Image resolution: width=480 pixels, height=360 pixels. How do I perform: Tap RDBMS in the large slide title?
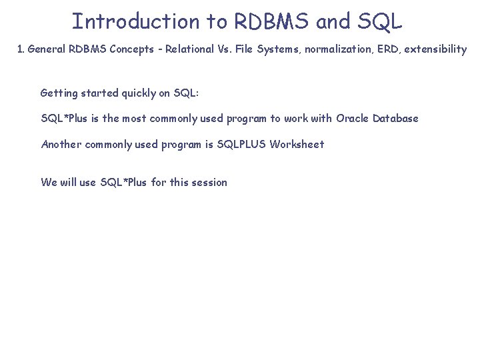272,21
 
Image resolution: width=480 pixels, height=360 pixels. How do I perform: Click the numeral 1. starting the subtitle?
21,50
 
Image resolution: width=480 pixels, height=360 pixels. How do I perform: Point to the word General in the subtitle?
48,50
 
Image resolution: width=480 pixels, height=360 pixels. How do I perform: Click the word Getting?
60,93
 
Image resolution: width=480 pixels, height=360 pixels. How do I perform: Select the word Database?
395,119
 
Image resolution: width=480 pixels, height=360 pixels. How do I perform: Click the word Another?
61,144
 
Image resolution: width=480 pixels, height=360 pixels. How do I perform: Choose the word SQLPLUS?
241,144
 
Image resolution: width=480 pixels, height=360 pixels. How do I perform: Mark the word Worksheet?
297,144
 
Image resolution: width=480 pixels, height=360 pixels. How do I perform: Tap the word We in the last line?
49,183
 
